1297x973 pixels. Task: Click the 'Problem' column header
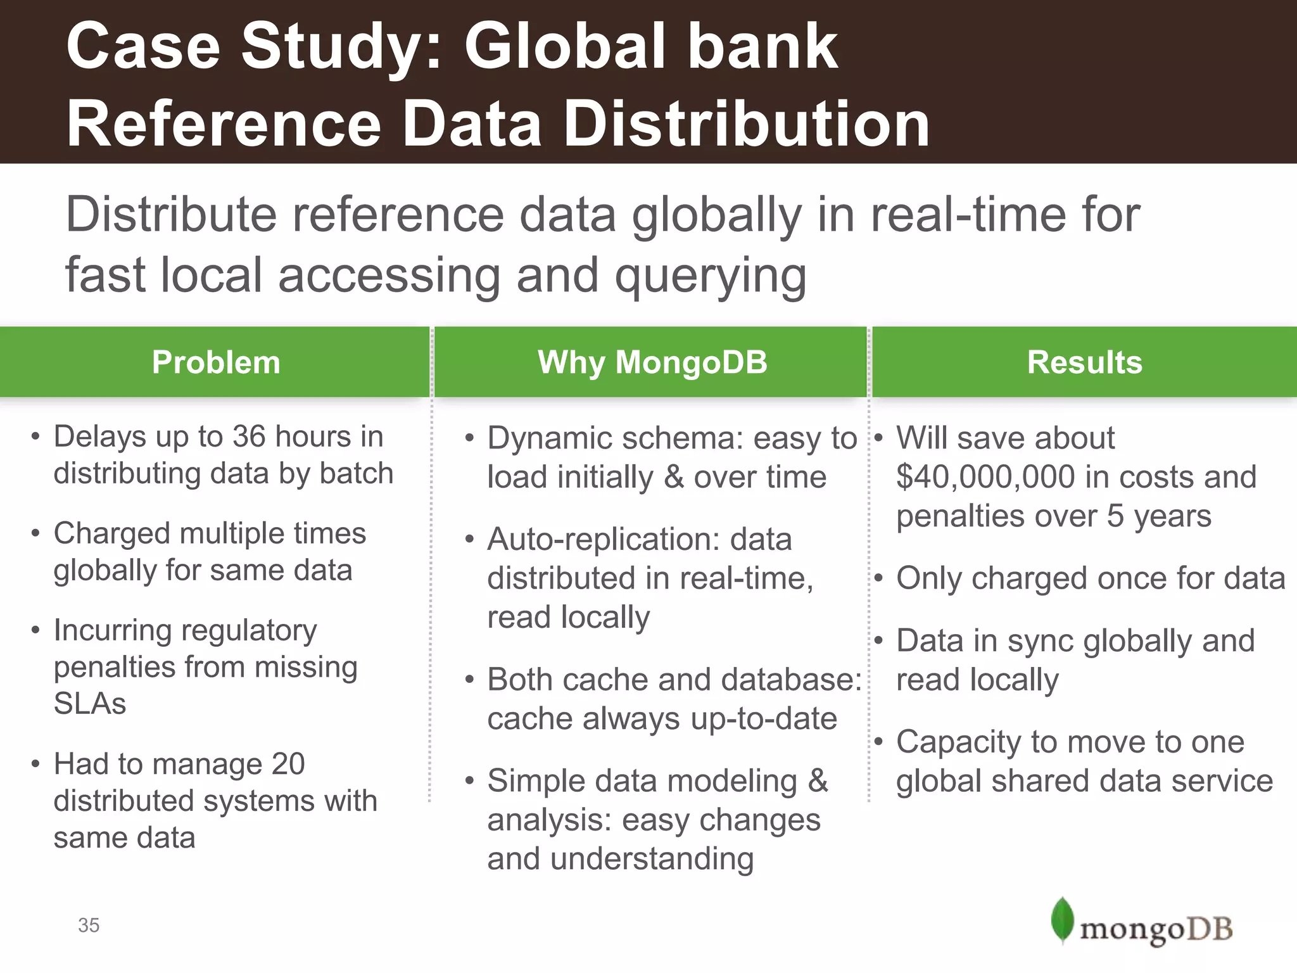215,363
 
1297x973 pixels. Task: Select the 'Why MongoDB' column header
652,363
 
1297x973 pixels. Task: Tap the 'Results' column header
1084,363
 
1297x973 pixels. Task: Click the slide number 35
89,925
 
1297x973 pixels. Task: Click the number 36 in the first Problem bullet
249,436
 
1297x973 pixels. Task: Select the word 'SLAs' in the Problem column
90,704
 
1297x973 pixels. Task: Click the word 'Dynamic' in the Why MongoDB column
550,438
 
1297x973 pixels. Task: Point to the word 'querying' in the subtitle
711,276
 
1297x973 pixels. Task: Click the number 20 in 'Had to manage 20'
288,764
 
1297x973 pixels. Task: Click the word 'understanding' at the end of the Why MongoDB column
652,859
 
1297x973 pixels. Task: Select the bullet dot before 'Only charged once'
878,578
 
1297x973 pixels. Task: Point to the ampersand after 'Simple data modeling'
818,780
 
